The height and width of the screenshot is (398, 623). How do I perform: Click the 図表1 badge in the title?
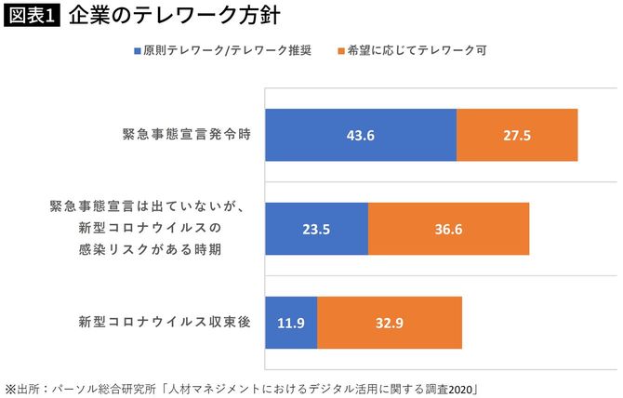33,17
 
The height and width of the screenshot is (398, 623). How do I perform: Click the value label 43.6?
360,136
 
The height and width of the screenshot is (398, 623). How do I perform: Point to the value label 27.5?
516,136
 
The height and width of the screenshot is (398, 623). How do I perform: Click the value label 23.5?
317,229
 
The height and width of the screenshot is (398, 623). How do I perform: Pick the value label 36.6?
448,229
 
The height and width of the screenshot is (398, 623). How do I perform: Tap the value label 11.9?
291,324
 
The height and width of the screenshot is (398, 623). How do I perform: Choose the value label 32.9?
389,324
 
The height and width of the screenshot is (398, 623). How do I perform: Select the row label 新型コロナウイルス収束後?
166,324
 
